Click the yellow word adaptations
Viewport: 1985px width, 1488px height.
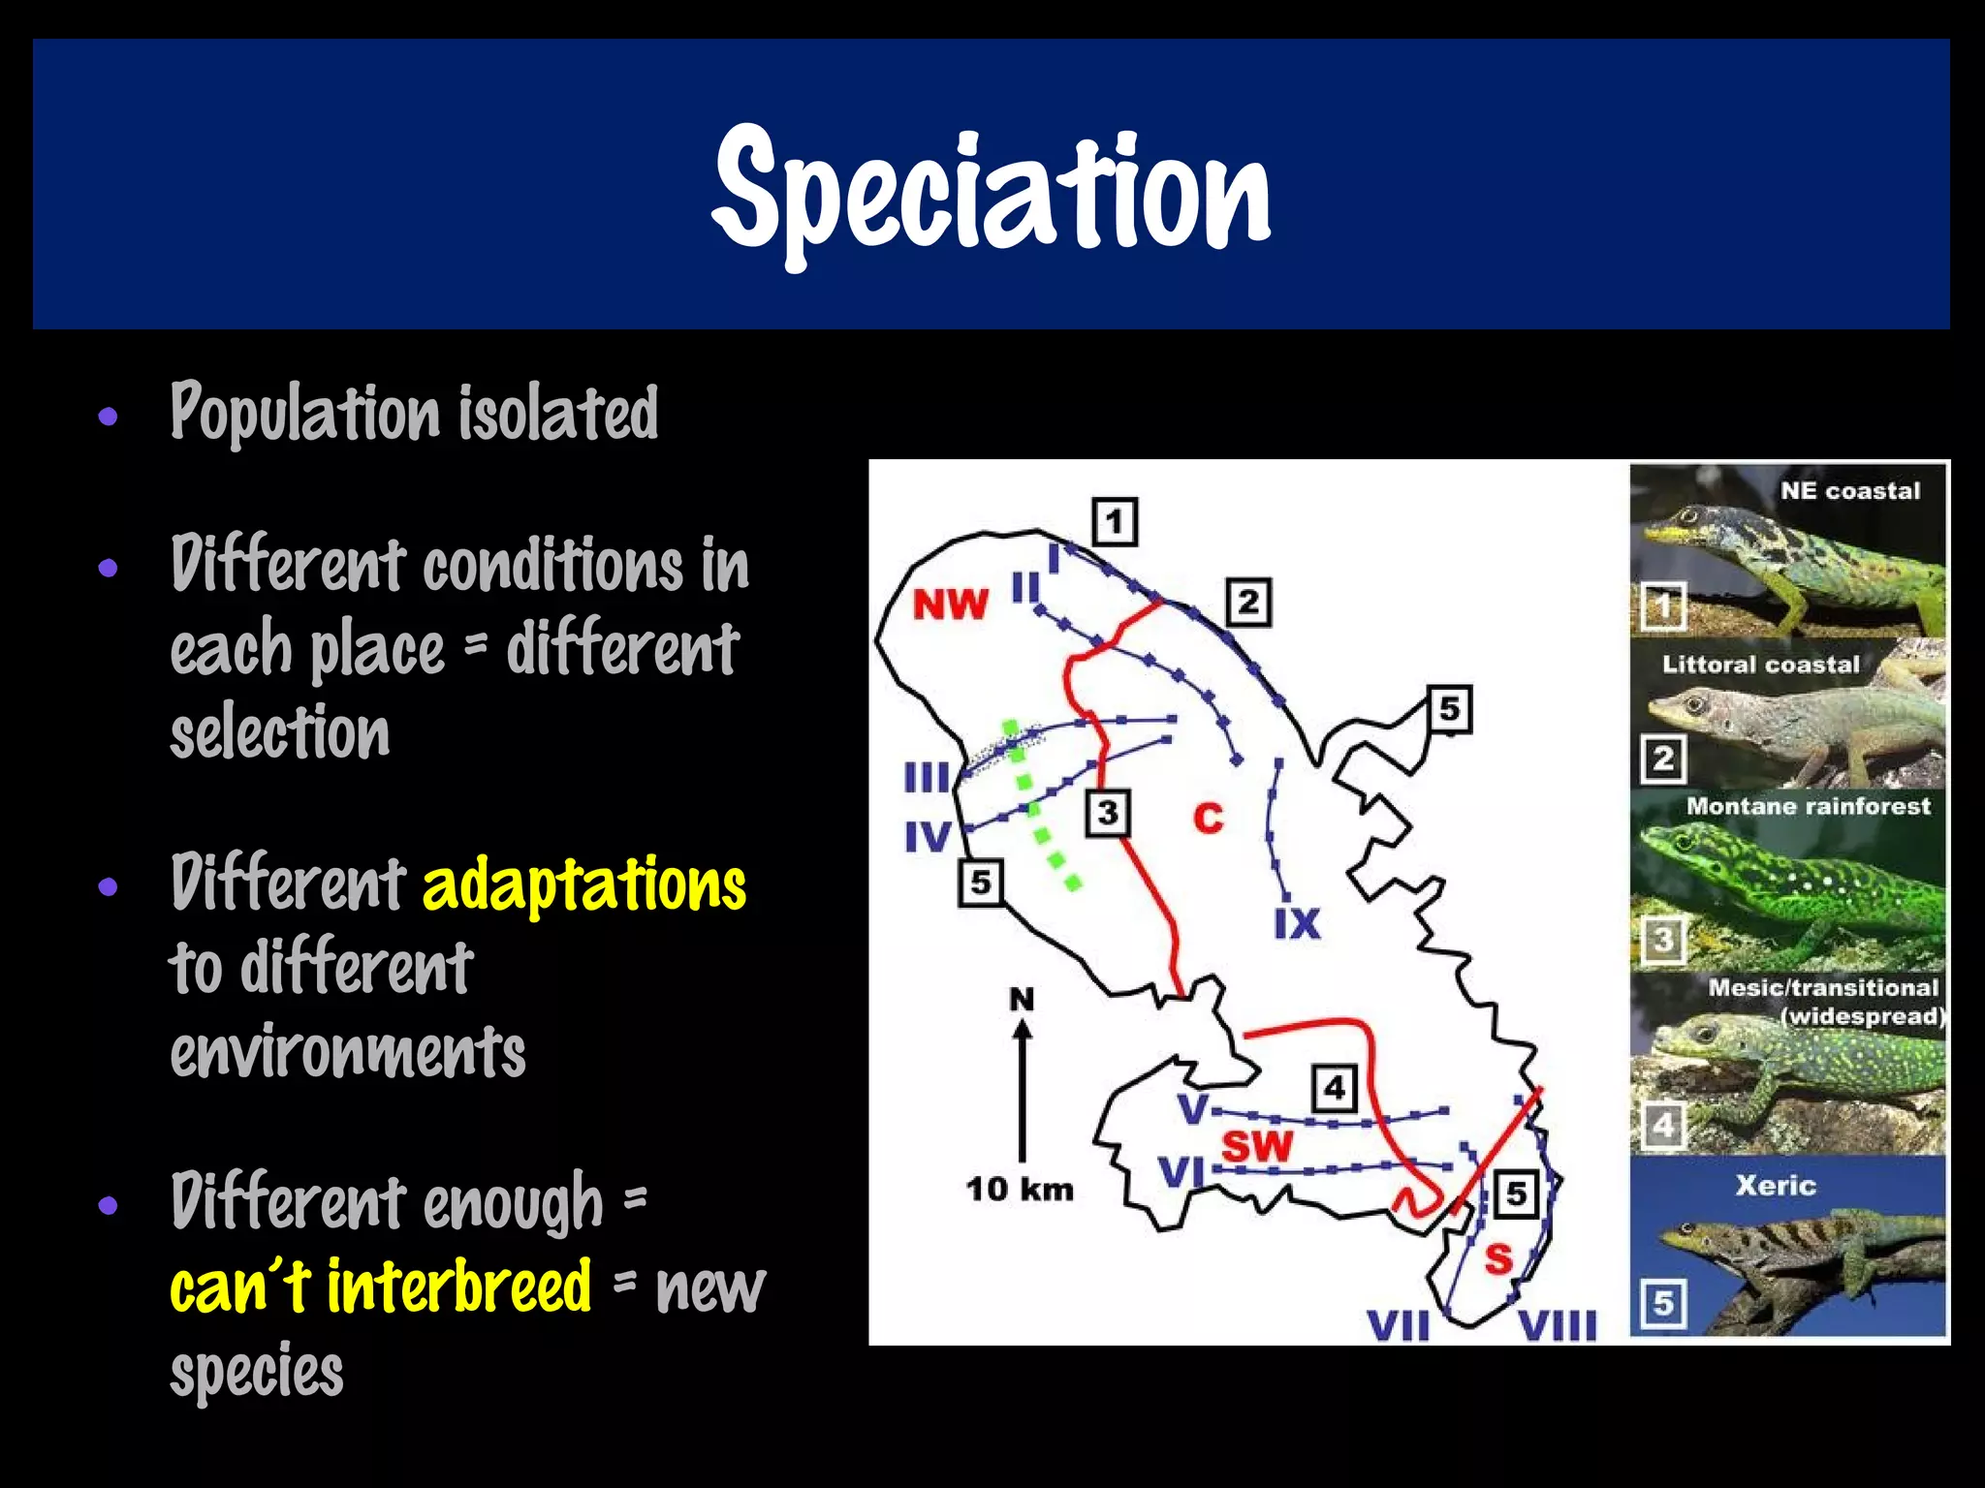click(584, 883)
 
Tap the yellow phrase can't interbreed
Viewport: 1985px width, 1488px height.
click(380, 1286)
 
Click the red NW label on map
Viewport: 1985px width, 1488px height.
click(950, 605)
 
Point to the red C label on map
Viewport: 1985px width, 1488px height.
click(1208, 819)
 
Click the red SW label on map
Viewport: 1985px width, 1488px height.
click(1257, 1147)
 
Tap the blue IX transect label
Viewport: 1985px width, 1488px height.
click(1297, 923)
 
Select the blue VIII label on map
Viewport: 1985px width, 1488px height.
click(1557, 1326)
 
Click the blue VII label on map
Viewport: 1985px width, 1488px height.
click(1398, 1326)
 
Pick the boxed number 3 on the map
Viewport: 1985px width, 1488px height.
click(1108, 813)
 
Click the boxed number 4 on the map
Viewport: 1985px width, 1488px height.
click(1335, 1088)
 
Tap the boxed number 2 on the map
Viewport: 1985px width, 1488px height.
click(1248, 603)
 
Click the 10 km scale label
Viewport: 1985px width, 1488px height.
click(1020, 1189)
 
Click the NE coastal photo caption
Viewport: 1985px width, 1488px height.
click(1849, 491)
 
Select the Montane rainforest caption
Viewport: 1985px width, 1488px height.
click(1808, 806)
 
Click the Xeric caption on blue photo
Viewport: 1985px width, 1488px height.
click(1775, 1186)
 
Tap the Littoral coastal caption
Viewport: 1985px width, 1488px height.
click(1760, 665)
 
